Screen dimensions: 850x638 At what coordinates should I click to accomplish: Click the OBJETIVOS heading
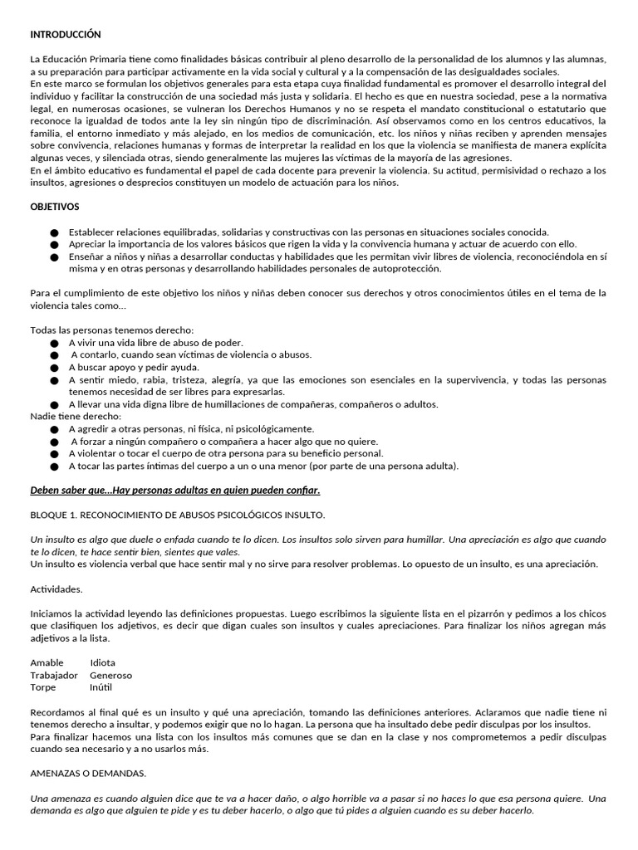(55, 206)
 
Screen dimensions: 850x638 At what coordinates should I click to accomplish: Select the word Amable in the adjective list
(47, 662)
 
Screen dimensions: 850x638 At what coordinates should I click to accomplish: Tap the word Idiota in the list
(103, 662)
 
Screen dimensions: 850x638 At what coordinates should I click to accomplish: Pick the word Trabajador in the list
(54, 675)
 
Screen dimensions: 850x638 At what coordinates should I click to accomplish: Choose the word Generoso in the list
(110, 675)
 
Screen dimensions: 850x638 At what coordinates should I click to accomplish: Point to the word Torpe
(43, 687)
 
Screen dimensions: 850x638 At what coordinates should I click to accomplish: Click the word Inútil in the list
(101, 687)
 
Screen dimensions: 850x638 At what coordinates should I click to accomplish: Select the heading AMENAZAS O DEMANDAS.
(88, 774)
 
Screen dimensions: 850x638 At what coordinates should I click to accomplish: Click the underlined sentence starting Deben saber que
(175, 491)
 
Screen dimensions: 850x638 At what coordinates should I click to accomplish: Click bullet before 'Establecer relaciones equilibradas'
(55, 233)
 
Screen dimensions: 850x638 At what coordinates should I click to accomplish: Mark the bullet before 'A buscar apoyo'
(55, 368)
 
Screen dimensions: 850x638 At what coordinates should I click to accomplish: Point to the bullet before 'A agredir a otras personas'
(55, 429)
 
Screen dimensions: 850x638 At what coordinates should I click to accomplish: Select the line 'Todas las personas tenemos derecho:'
(111, 330)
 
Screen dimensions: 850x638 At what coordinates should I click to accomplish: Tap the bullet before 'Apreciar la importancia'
(55, 245)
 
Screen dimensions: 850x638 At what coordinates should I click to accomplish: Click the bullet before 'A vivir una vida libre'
(55, 343)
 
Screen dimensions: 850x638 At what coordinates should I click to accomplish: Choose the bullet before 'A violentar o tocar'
(55, 454)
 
